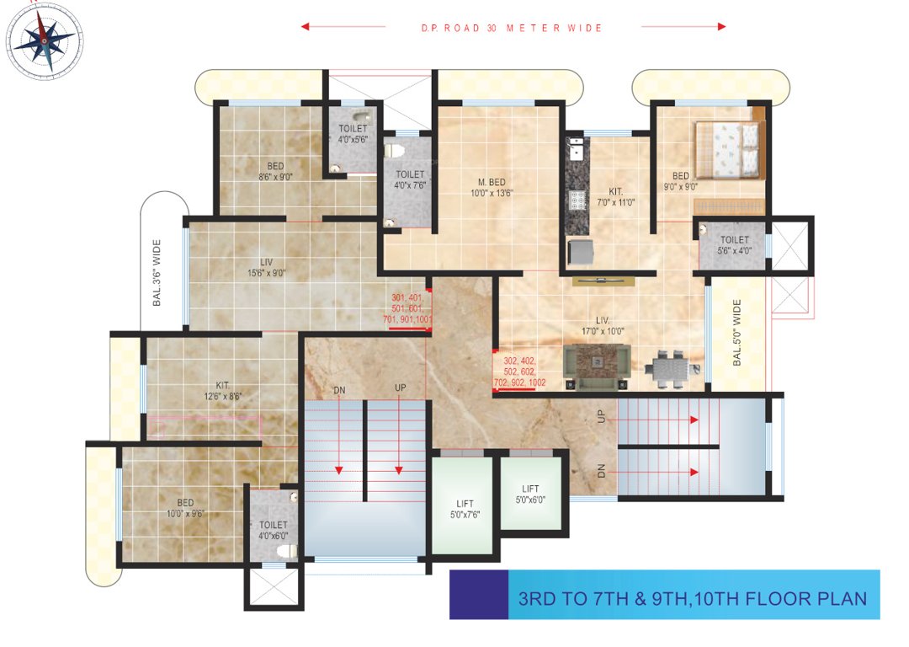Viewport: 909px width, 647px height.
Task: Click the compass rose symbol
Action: click(44, 38)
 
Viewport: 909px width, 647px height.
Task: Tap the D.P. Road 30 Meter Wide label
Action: click(512, 28)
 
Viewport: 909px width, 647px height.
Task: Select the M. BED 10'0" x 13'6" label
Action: click(492, 187)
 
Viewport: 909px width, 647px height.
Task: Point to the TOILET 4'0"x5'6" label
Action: click(353, 134)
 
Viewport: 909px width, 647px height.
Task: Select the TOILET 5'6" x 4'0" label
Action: click(734, 245)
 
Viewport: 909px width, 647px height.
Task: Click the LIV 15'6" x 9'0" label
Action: click(267, 267)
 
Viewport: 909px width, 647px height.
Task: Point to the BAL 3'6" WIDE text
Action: click(157, 271)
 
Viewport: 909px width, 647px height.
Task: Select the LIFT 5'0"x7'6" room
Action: click(462, 507)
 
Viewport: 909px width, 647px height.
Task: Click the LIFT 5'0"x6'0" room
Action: click(530, 494)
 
